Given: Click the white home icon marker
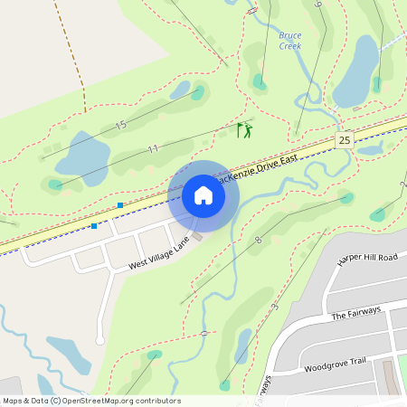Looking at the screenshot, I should [203, 195].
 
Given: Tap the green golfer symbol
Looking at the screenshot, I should [244, 130].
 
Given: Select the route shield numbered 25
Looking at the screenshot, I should [344, 139].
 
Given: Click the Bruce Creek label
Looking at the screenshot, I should [289, 40].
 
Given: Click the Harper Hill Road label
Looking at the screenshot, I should [366, 259].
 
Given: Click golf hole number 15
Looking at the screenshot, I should [120, 123].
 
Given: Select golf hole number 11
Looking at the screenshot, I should [153, 148].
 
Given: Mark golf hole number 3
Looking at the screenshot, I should [274, 308].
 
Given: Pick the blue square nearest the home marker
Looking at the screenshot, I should [120, 205].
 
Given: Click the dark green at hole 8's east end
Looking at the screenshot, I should [346, 197].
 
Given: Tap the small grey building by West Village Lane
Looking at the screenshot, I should [196, 236].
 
